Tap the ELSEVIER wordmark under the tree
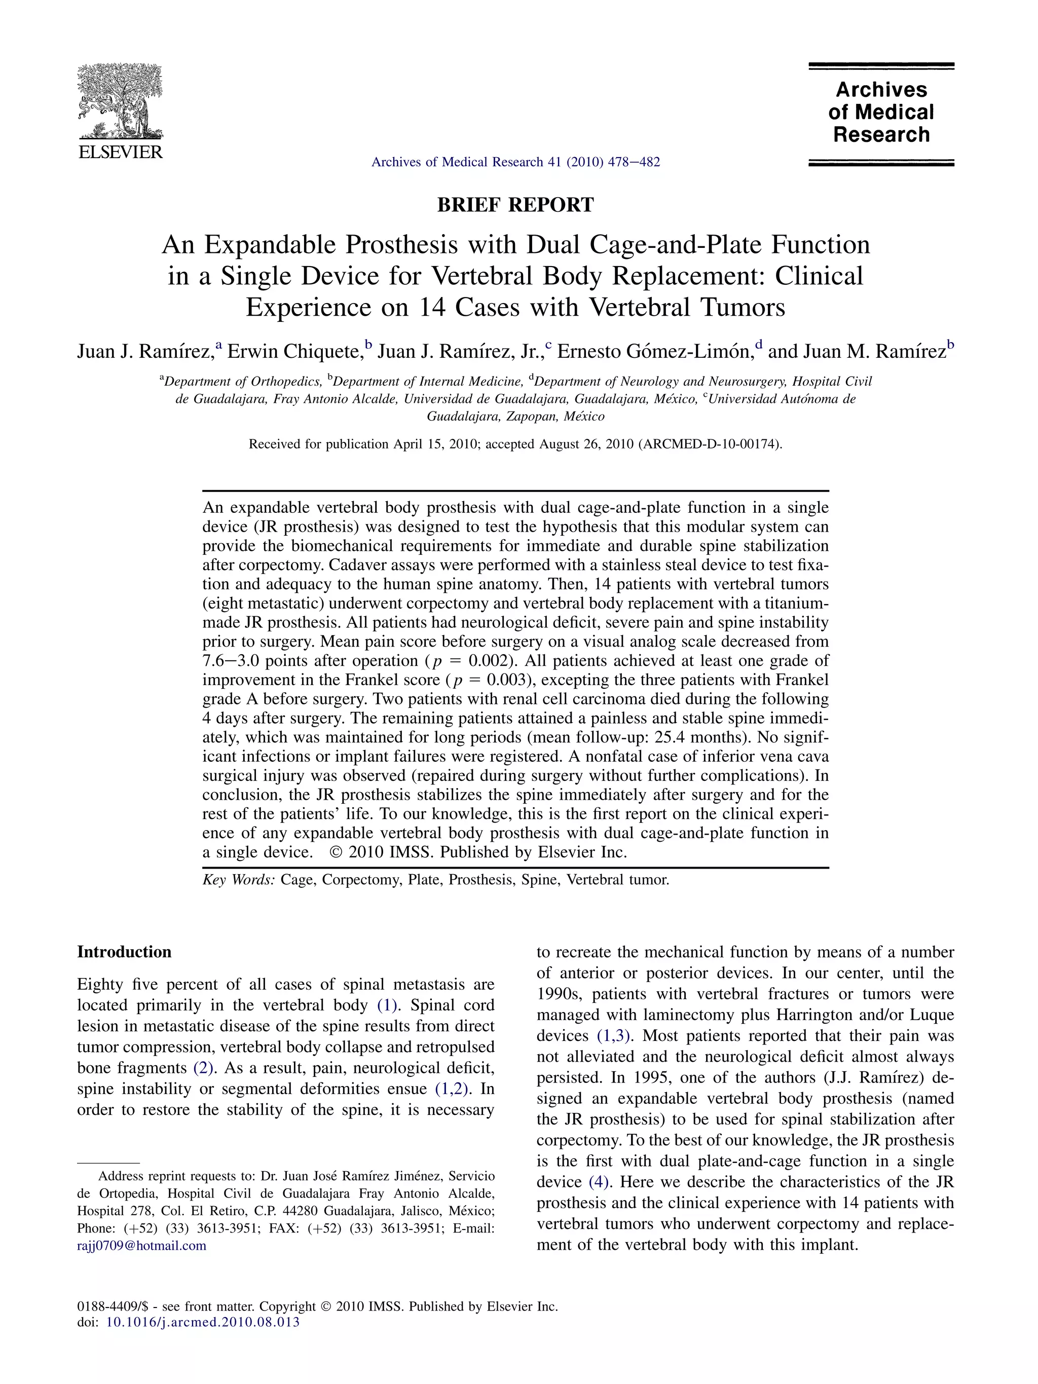click(x=120, y=152)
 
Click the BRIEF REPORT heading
click(x=515, y=205)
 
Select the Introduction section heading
click(x=124, y=952)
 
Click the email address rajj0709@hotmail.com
click(x=141, y=1245)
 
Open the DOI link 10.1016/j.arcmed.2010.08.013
click(x=203, y=1322)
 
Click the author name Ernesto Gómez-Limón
click(x=654, y=352)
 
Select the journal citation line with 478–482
click(x=515, y=162)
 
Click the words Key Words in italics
click(x=238, y=880)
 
